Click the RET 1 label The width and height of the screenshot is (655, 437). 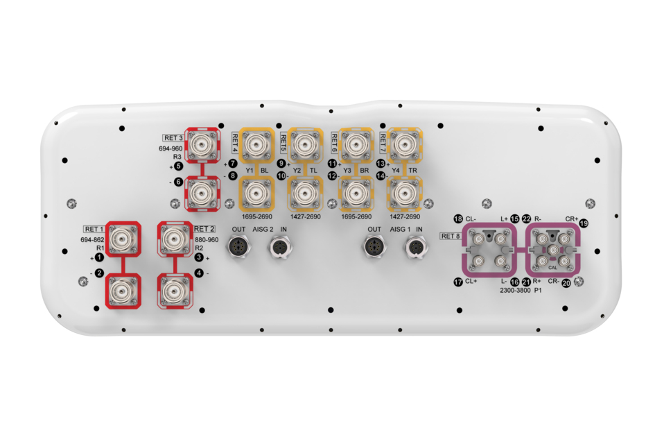(94, 229)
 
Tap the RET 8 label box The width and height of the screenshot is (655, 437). (451, 236)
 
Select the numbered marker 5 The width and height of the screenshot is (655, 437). (178, 166)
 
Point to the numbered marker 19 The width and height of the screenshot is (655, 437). (584, 223)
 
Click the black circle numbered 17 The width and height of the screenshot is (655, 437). (458, 282)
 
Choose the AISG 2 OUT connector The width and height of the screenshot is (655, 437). (239, 247)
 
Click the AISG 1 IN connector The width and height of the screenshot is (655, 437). (417, 247)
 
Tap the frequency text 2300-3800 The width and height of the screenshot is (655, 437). (515, 290)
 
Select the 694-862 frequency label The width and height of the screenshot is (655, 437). (92, 239)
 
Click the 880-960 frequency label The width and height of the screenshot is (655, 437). (207, 239)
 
